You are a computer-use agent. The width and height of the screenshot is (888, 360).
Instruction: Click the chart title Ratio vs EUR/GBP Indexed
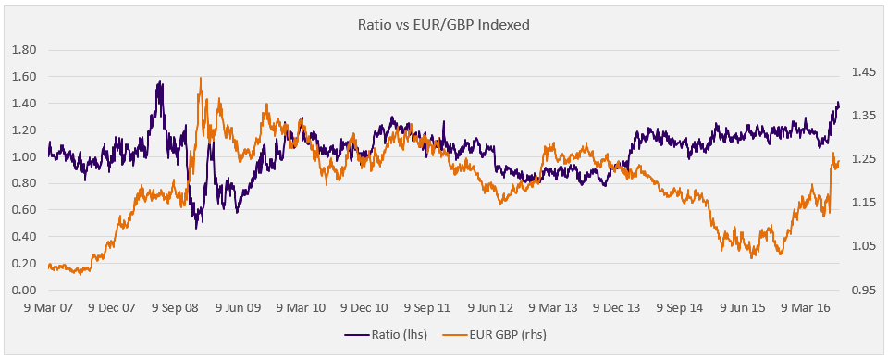click(443, 26)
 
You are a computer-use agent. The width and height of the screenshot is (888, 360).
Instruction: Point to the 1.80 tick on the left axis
click(26, 50)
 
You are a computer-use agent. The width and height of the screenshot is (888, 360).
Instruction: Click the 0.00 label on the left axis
click(26, 291)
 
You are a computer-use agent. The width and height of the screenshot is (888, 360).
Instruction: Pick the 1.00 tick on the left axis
click(26, 157)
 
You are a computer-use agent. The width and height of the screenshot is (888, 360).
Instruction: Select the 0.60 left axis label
click(26, 210)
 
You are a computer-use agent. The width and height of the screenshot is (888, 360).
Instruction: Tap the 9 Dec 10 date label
click(364, 308)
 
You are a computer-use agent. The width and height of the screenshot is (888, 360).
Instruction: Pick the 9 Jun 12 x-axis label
click(490, 308)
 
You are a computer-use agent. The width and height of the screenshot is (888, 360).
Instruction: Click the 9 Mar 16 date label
click(806, 308)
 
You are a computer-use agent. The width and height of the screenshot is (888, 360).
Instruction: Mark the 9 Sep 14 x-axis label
click(679, 308)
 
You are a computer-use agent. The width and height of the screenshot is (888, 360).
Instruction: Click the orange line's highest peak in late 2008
click(201, 78)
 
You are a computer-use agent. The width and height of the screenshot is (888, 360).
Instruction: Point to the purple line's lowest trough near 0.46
click(196, 228)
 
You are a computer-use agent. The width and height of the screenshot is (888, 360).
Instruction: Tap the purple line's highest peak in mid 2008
click(161, 81)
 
